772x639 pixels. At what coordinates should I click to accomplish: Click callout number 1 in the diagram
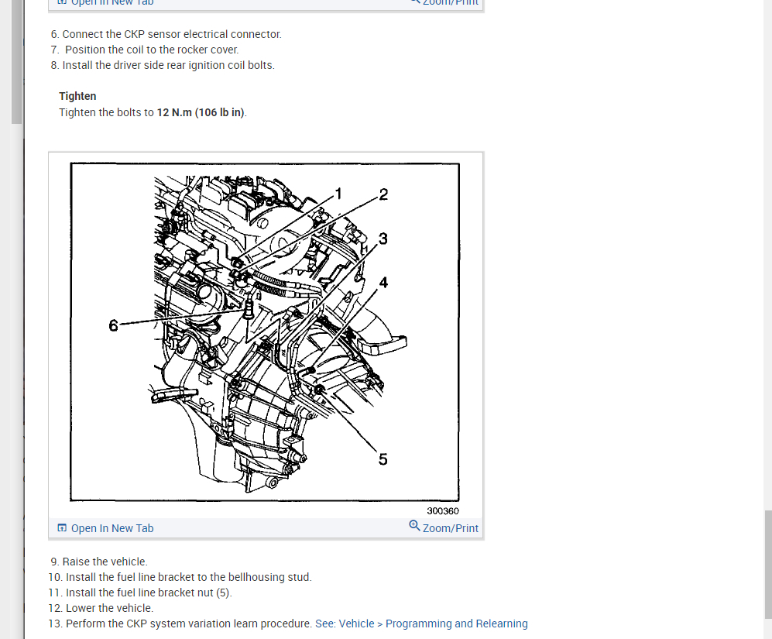338,193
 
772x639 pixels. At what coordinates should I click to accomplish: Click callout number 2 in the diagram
383,194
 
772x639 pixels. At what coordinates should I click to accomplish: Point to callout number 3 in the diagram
383,238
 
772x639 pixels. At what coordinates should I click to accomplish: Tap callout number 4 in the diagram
383,282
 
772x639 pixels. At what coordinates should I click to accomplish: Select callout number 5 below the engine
383,459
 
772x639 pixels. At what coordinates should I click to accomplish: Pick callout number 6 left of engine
114,325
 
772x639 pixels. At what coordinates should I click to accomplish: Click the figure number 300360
443,511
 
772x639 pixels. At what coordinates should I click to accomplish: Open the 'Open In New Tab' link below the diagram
112,528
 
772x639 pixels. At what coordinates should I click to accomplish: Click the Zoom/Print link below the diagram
451,528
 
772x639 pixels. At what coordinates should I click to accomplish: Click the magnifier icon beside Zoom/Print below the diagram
414,527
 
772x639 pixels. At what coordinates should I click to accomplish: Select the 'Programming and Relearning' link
456,624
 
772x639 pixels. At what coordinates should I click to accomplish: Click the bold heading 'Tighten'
77,96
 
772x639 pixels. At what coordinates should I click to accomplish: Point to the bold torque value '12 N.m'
174,112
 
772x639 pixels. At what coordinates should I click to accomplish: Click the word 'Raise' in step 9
77,562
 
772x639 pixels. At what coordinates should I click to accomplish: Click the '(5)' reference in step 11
222,593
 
